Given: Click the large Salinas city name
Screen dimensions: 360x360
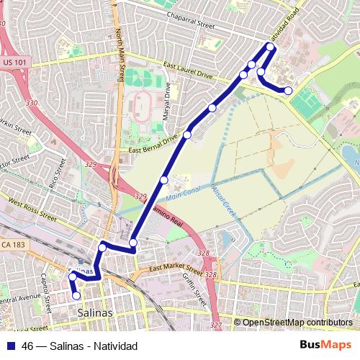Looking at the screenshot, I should [x=95, y=313].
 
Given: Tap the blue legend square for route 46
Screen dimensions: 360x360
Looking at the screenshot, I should [x=12, y=345].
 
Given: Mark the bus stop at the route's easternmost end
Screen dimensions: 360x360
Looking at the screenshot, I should [x=288, y=91].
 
